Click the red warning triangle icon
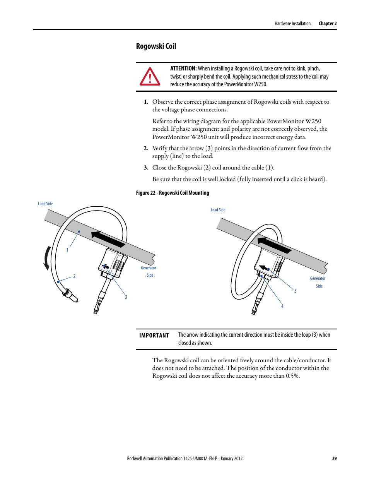pos(150,77)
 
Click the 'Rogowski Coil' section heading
pos(156,46)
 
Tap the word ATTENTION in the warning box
pos(183,69)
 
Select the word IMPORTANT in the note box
pos(154,336)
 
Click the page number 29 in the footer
pos(334,458)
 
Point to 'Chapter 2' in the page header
pos(327,24)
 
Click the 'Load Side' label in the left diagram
pos(45,204)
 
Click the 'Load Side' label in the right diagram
pos(218,210)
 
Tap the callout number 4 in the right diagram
pos(282,306)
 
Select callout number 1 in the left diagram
pos(67,250)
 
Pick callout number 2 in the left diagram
pos(74,276)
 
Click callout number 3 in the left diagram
pos(126,297)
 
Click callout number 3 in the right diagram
pos(296,291)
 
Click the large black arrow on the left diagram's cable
pos(108,239)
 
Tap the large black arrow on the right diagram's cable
pos(274,245)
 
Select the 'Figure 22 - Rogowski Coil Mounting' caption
pos(173,193)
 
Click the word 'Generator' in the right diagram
pos(318,279)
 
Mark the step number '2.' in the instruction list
pos(146,148)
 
